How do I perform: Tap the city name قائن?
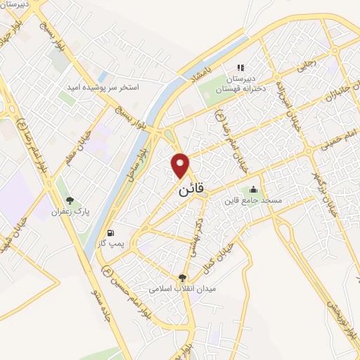[189, 189]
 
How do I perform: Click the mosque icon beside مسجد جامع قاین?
[253, 189]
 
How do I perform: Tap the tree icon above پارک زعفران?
[69, 200]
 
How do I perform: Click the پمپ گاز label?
[110, 243]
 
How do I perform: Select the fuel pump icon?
[110, 233]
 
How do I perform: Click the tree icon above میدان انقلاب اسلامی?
[183, 278]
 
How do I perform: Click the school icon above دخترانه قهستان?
[240, 68]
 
